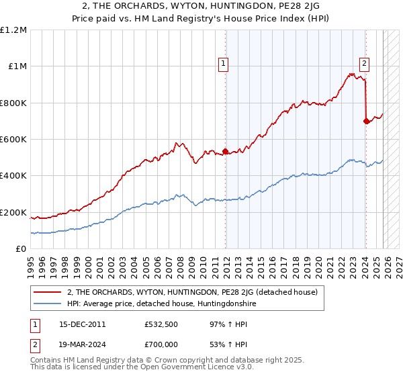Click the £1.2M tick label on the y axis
[x=14, y=30]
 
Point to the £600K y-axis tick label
[x=13, y=139]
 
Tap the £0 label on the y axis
[x=21, y=248]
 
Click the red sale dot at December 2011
[x=225, y=151]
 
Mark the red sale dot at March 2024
[x=366, y=121]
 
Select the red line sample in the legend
[x=48, y=292]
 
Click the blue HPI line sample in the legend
[x=48, y=304]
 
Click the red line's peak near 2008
[x=177, y=142]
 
